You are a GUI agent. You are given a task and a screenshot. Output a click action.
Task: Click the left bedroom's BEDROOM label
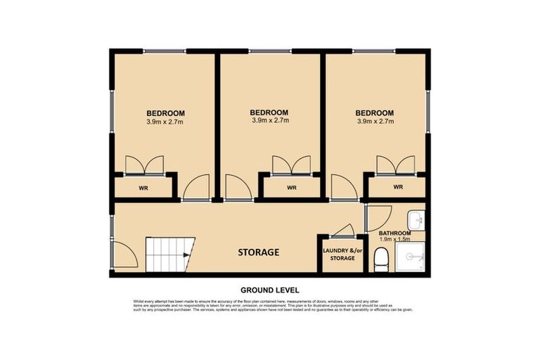(x=166, y=113)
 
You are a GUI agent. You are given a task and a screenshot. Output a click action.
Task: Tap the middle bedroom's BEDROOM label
(x=270, y=112)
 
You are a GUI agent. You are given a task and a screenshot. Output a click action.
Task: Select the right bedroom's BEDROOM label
(x=374, y=112)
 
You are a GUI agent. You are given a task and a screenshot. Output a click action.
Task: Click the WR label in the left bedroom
(x=143, y=188)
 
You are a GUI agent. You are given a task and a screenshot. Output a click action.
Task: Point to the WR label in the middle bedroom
(x=291, y=188)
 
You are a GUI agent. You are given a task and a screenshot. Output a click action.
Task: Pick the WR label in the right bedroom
(x=397, y=187)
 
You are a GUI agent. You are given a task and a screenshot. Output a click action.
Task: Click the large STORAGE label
(x=258, y=252)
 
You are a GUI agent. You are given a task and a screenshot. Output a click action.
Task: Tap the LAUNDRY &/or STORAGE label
(x=338, y=255)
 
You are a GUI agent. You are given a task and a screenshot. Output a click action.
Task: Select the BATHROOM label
(x=394, y=233)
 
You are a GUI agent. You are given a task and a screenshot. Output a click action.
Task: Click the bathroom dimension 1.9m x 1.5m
(x=394, y=240)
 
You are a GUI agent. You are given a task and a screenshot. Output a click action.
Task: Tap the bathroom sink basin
(x=417, y=219)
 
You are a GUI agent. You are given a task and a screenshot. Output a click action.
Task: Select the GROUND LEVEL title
(x=270, y=290)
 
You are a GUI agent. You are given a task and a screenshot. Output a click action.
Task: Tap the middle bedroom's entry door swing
(x=236, y=189)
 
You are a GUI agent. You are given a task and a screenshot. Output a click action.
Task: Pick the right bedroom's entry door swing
(x=343, y=188)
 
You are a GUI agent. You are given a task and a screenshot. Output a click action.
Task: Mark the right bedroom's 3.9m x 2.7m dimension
(x=374, y=121)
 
